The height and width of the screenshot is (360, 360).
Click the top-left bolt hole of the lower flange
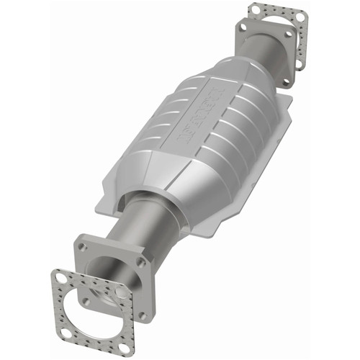click(x=83, y=247)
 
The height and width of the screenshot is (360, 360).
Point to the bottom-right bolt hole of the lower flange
click(x=141, y=315)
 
